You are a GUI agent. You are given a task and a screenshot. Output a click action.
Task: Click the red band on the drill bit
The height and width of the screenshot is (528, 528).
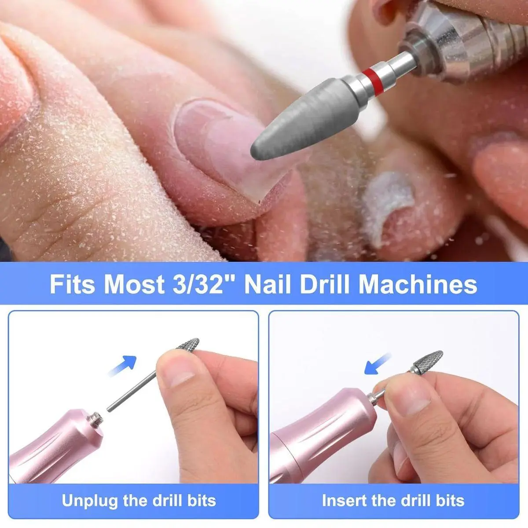click(371, 82)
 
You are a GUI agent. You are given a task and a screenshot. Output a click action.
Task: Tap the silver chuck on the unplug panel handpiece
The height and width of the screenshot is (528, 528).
click(95, 419)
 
